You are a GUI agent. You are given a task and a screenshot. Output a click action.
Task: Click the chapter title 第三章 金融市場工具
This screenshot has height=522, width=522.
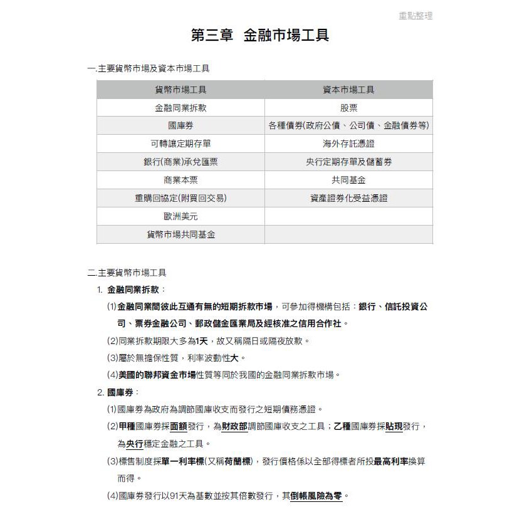[260, 36]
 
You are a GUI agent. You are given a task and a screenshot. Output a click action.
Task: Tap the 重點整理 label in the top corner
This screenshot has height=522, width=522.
[415, 16]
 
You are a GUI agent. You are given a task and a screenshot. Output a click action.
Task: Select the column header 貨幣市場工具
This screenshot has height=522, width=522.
[180, 90]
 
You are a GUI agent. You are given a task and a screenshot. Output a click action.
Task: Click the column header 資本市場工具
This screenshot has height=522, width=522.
[348, 90]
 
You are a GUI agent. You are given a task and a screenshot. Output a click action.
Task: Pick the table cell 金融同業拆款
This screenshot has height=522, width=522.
[180, 108]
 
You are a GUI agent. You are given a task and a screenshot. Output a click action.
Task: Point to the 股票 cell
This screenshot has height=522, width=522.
[348, 108]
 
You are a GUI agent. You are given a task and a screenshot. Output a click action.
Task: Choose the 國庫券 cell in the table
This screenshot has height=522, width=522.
[180, 126]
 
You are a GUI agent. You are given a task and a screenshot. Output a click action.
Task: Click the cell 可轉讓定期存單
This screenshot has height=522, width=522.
[180, 144]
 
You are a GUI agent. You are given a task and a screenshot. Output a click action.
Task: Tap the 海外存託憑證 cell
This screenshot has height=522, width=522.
[348, 144]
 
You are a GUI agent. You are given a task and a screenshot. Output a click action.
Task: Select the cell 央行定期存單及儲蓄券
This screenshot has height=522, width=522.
[348, 162]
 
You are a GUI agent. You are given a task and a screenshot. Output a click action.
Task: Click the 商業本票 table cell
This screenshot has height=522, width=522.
[180, 180]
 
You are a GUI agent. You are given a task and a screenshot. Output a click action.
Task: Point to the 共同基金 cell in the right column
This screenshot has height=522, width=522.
[348, 180]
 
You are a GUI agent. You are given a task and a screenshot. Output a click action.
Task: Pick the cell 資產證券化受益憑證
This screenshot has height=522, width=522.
[348, 199]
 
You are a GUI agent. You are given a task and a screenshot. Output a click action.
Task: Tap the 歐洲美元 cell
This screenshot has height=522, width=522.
[180, 217]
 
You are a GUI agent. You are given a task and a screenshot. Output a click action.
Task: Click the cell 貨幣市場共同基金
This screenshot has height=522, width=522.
[180, 235]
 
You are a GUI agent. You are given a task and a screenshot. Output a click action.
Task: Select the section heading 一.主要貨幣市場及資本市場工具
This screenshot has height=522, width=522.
[149, 68]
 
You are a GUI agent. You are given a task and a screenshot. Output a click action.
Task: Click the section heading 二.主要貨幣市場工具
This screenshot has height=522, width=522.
[127, 273]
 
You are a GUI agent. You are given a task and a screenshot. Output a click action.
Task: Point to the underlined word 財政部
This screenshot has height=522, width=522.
[234, 427]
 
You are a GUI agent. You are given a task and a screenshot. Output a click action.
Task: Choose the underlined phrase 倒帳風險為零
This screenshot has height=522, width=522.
[316, 496]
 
